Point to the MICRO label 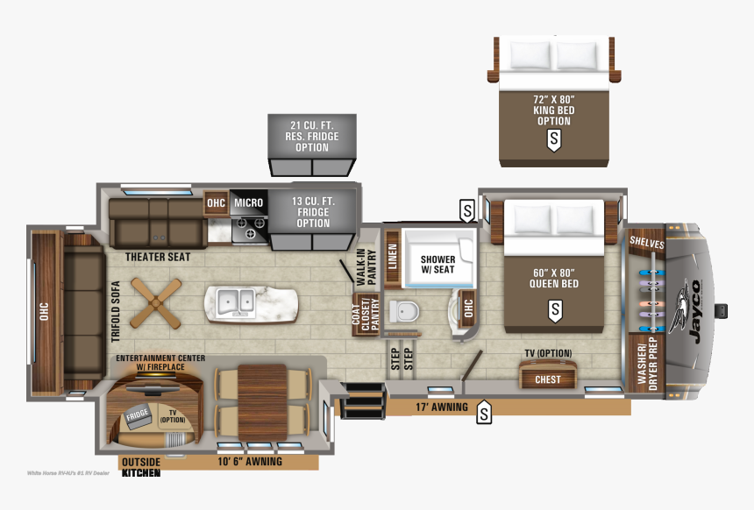(248, 203)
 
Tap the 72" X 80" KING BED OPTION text (554, 110)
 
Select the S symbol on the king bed (554, 138)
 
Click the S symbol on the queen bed (554, 309)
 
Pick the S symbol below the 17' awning (484, 414)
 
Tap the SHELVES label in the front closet (646, 244)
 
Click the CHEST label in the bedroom (548, 379)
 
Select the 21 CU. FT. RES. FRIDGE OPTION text (312, 138)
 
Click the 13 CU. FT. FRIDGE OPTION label (312, 213)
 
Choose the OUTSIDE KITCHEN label (140, 467)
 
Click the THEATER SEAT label (158, 258)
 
